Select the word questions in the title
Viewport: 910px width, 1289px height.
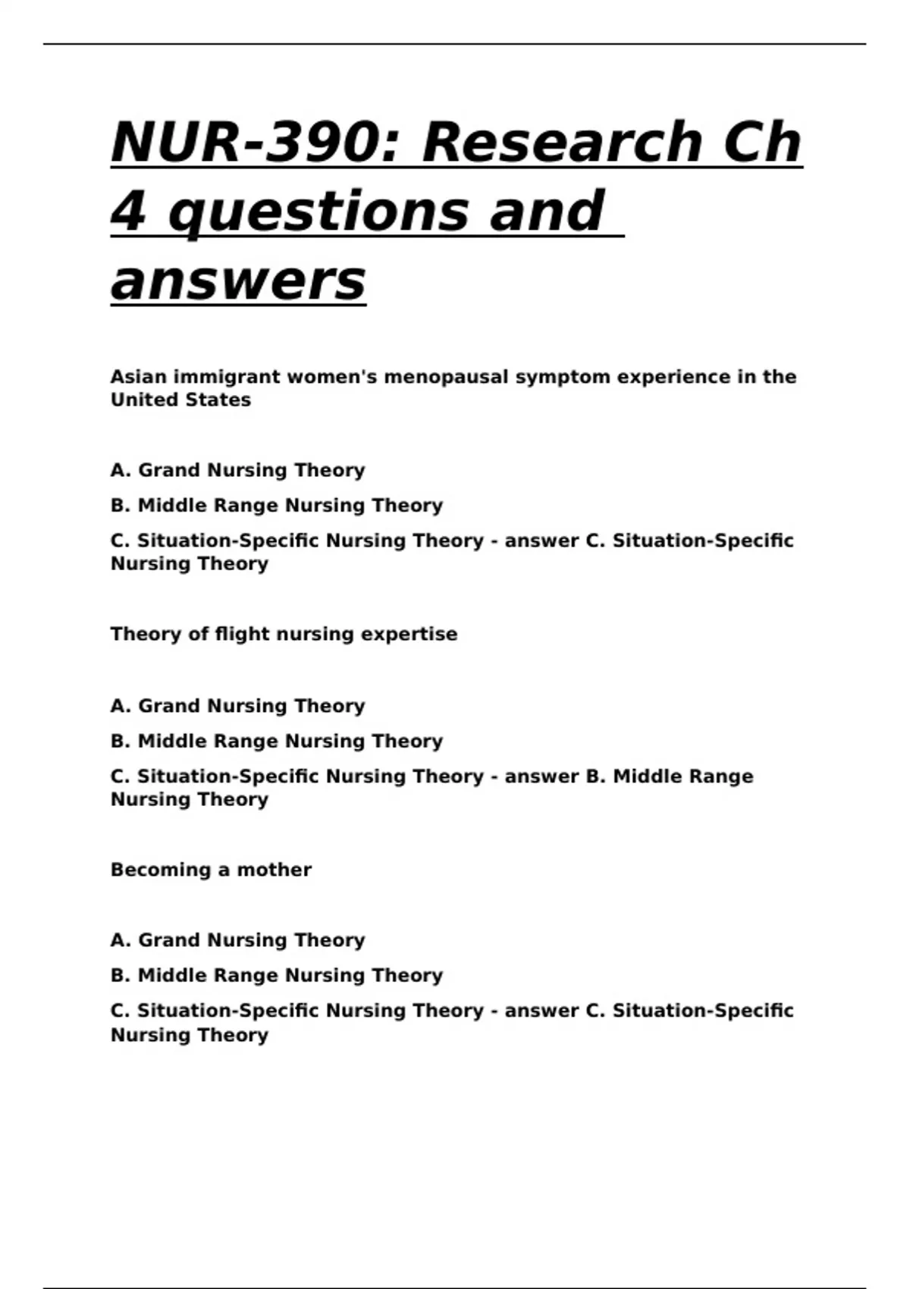[x=319, y=211]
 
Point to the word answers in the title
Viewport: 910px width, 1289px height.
[x=238, y=280]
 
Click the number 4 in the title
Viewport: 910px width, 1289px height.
[x=127, y=211]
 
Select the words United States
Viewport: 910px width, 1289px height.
[x=180, y=400]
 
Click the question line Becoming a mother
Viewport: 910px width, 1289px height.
[x=211, y=870]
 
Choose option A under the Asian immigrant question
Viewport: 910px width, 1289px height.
[x=237, y=470]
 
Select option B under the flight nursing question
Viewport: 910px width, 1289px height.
[x=277, y=741]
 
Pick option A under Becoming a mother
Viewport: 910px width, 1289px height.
[x=237, y=940]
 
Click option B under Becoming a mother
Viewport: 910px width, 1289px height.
[x=277, y=975]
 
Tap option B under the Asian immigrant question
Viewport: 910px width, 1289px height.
[x=277, y=505]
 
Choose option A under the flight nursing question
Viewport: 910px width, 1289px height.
[x=237, y=706]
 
